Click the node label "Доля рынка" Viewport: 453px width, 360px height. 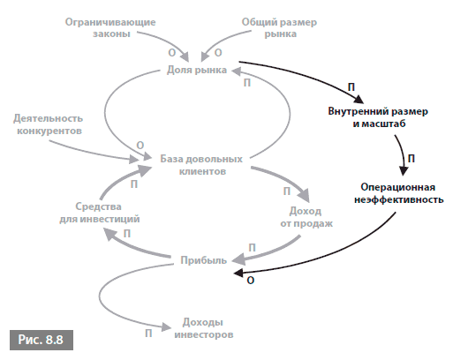197,71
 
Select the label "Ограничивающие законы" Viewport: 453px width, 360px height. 110,27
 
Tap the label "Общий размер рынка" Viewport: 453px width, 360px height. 279,27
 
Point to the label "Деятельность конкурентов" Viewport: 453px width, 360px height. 49,124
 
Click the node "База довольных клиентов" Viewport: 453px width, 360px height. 201,165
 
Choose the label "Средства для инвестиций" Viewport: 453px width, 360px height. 100,213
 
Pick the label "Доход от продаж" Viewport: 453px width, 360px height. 306,217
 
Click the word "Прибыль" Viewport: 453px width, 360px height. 204,260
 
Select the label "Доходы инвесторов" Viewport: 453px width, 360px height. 204,328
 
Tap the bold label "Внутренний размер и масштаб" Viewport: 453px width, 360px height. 378,117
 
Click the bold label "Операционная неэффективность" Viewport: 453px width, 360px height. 398,193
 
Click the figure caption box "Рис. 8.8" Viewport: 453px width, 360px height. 42,340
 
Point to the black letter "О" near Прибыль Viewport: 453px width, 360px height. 250,281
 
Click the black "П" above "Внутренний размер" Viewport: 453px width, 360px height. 351,87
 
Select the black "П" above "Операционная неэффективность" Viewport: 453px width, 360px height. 411,159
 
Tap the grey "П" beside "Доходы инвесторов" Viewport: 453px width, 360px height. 148,334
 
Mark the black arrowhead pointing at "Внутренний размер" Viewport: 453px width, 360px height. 359,99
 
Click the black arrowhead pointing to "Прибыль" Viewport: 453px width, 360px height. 238,273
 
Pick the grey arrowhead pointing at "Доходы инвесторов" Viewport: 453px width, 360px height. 166,327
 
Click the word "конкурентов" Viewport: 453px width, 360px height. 49,131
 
